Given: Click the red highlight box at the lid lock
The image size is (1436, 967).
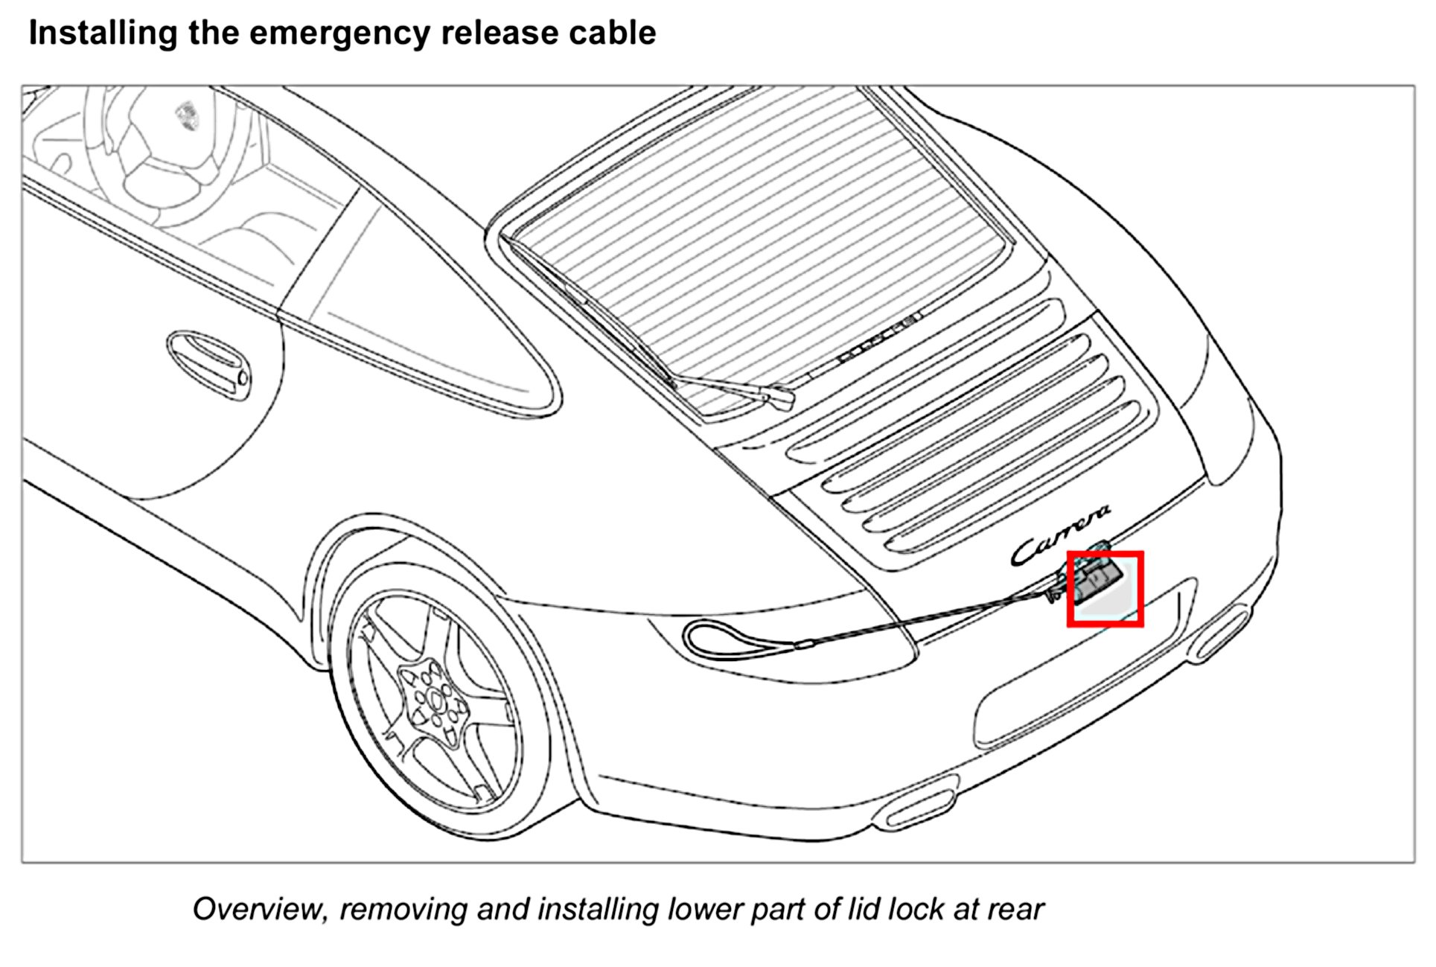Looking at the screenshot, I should coord(1105,589).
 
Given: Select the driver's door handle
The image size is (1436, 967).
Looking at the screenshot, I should coord(208,364).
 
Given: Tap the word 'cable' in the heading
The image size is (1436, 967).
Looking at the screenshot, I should coord(610,33).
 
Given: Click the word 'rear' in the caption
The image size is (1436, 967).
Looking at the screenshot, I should coord(1015,909).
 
